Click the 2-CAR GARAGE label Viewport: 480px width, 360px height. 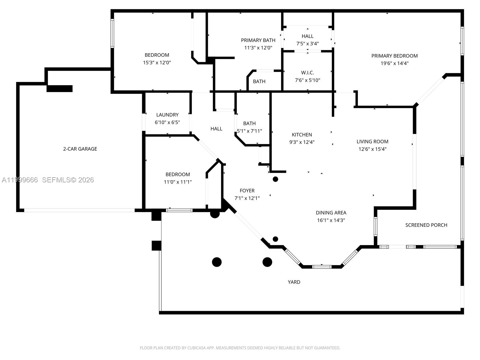coord(80,149)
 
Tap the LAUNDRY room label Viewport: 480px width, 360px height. coord(167,115)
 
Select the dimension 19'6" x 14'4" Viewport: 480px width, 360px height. coord(394,63)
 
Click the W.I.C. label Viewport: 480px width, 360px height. coord(307,73)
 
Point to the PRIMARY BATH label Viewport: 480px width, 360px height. coord(258,40)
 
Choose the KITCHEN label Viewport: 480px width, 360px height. coord(302,135)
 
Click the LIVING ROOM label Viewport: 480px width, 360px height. coord(372,142)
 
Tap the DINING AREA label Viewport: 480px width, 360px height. coord(331,213)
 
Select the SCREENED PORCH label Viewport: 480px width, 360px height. coord(426,225)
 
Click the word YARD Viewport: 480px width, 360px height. coord(294,282)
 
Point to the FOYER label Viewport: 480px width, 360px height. coord(247,190)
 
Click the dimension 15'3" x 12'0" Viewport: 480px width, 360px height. coord(157,63)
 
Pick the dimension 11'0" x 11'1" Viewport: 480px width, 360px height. coord(178,182)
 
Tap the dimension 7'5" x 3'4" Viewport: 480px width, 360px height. coord(307,44)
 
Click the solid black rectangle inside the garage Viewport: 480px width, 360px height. coord(59,88)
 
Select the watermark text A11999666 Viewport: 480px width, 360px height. coord(20,180)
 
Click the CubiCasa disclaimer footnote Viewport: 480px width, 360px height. coord(240,348)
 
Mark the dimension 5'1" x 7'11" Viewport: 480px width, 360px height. coord(249,131)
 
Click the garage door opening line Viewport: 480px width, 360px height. coord(79,210)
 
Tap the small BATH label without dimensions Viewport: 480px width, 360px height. coord(259,82)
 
